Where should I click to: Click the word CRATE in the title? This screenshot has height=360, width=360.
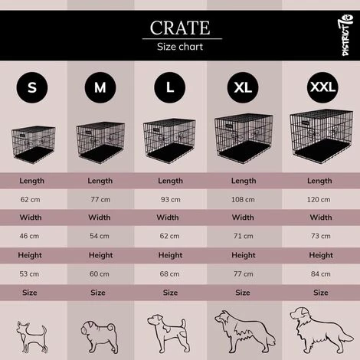(x=180, y=28)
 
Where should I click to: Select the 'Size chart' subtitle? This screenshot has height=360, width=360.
(x=180, y=46)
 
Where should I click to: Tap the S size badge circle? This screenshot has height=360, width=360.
(x=31, y=87)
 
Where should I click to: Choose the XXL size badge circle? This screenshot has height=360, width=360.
(x=322, y=87)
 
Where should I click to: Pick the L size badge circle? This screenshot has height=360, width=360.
(x=170, y=87)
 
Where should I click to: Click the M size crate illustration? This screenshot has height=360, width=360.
(x=100, y=142)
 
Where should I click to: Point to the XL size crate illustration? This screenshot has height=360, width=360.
(x=243, y=137)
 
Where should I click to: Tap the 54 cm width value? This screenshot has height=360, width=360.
(x=100, y=234)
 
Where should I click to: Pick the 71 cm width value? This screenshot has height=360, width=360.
(x=243, y=234)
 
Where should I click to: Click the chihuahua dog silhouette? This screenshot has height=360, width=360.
(x=32, y=331)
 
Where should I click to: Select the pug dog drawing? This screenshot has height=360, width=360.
(x=100, y=330)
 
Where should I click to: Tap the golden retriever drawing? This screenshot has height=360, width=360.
(x=315, y=329)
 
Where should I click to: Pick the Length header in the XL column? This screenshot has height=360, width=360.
(x=243, y=181)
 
